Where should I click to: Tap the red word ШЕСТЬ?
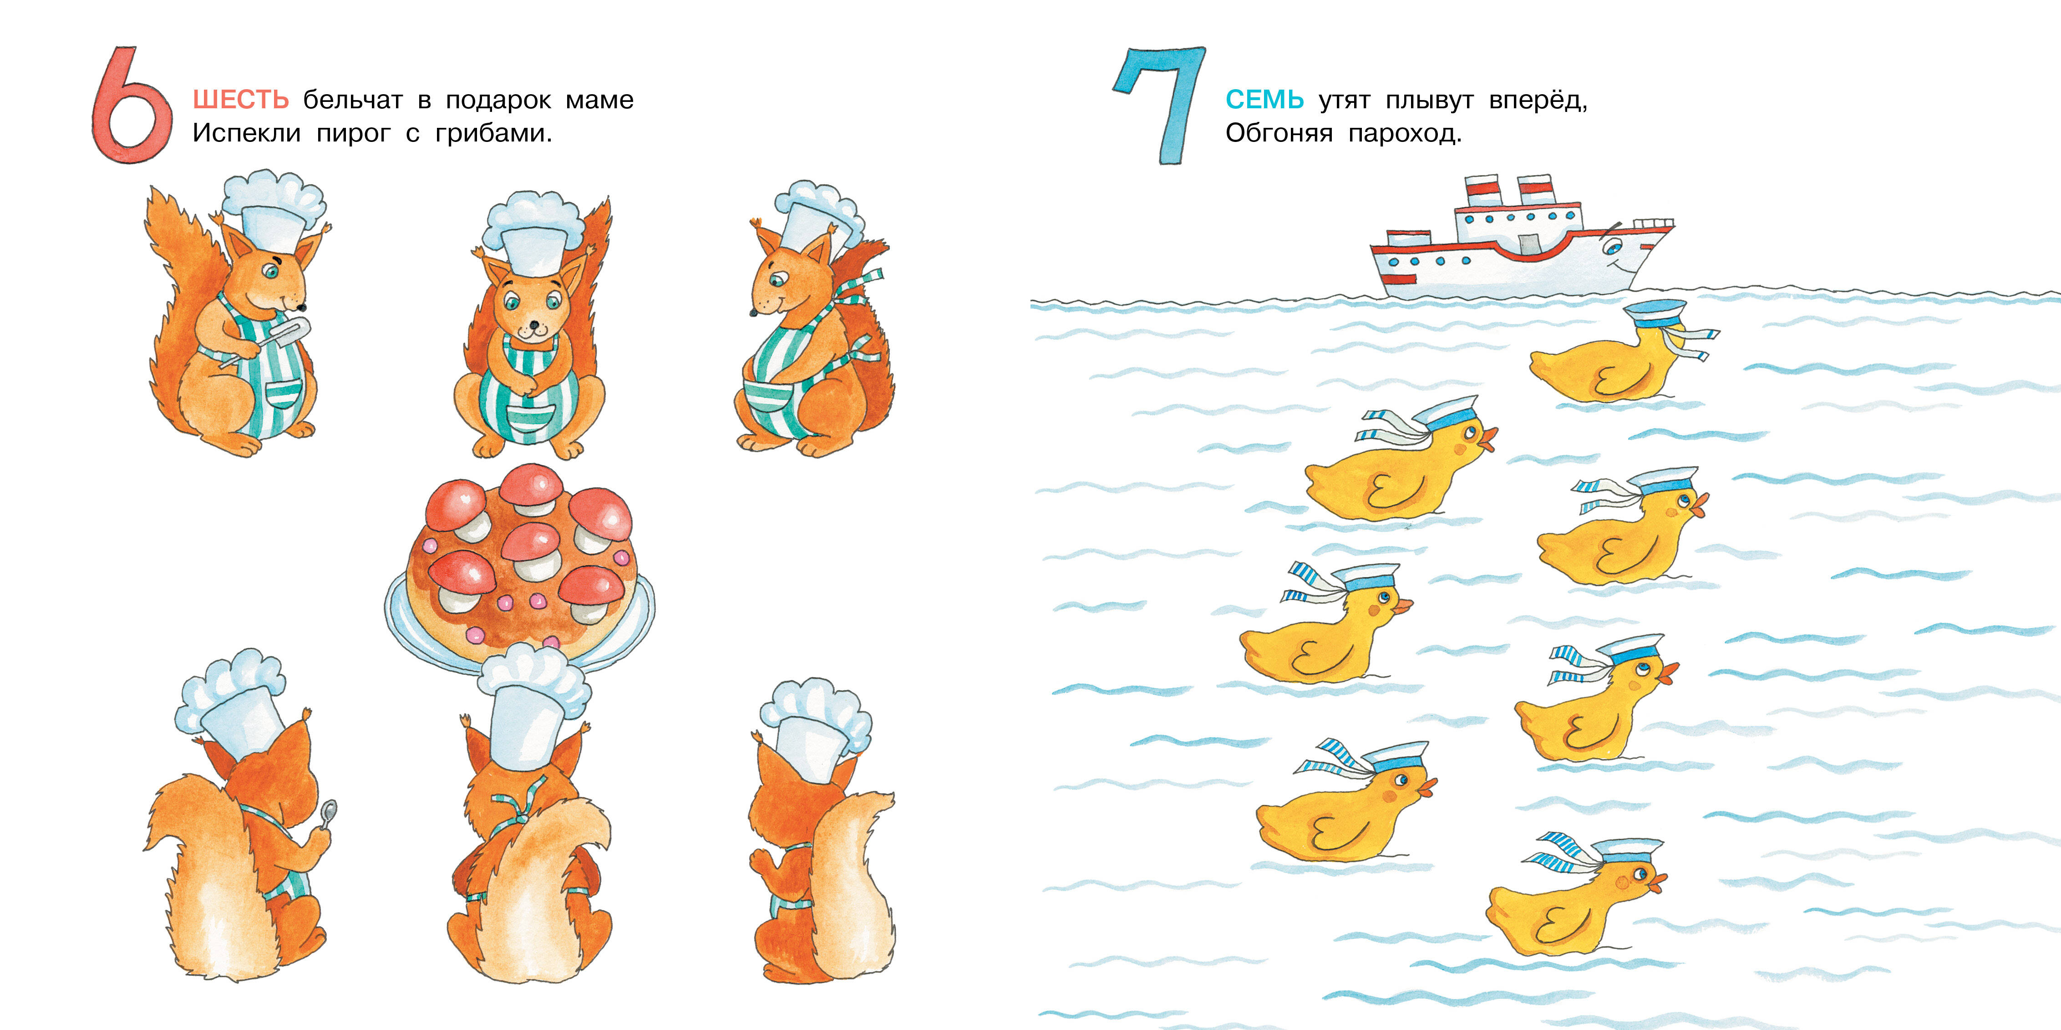click(x=241, y=100)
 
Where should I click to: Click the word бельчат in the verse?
click(x=353, y=100)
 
